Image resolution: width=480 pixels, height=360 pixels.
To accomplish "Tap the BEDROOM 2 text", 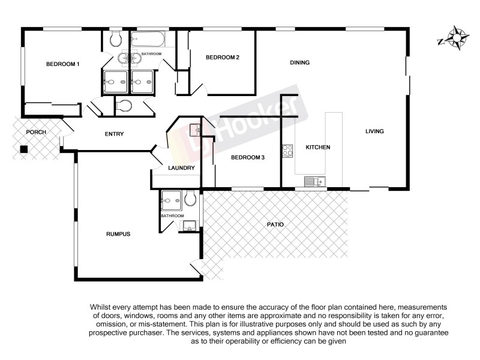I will (x=223, y=58).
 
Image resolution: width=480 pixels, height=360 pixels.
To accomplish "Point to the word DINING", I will (x=299, y=62).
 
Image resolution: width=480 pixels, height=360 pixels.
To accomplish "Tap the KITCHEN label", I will (x=317, y=147).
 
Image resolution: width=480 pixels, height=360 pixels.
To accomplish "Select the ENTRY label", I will (x=114, y=134).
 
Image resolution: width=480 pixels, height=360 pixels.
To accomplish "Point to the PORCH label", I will (x=27, y=132).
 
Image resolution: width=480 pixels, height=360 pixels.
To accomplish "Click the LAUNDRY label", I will (x=181, y=168).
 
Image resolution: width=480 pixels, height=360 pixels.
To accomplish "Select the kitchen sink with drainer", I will (x=314, y=181).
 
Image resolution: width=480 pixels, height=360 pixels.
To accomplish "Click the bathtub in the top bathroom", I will (x=148, y=40).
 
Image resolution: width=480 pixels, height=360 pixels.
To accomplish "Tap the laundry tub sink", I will (x=194, y=129).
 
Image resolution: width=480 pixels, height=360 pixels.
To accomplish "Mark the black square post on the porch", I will (x=23, y=149).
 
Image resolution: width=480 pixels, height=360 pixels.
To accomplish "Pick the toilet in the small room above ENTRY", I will (x=124, y=107).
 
